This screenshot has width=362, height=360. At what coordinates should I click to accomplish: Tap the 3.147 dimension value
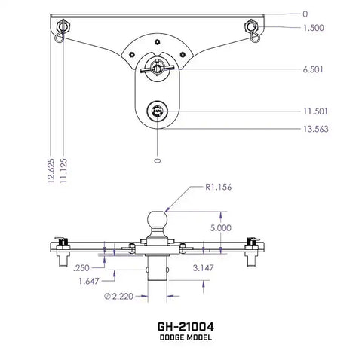point(204,267)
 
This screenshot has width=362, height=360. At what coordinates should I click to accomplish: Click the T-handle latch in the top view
point(157,67)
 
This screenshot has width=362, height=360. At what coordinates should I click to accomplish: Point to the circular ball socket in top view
point(157,112)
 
